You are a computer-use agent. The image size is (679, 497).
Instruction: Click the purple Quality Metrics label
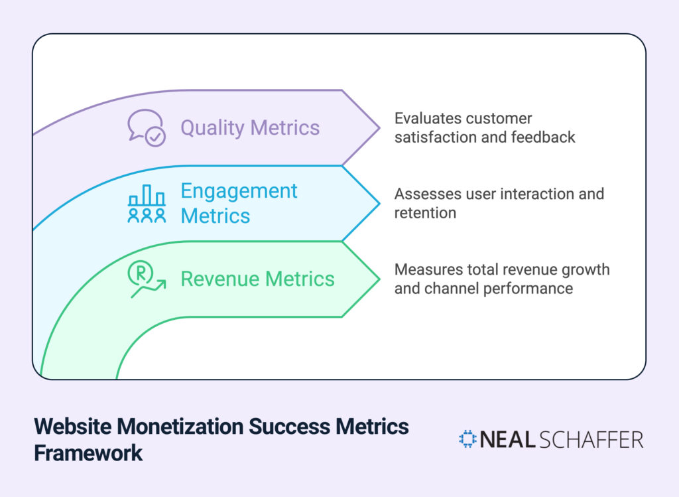pos(250,127)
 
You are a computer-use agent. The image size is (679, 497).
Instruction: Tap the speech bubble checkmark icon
pos(146,127)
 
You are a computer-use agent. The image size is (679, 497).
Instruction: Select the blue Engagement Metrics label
pos(239,203)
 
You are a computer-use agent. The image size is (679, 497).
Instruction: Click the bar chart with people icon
pos(147,204)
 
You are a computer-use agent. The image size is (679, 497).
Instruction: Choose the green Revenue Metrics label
pos(257,279)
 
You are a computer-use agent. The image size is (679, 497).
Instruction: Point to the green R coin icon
pos(146,279)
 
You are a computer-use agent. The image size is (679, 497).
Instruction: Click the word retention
pos(425,213)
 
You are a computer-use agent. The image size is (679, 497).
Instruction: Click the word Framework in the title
pos(88,453)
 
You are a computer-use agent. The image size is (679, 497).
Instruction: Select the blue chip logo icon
pos(467,439)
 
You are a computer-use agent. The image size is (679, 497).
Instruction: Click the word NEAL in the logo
pos(507,440)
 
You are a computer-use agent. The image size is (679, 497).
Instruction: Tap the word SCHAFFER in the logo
pos(591,440)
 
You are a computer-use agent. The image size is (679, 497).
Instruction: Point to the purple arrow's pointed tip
pos(379,127)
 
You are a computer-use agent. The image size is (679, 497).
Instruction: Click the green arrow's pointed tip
pos(379,279)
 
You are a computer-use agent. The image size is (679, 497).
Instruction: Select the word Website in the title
pos(72,426)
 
